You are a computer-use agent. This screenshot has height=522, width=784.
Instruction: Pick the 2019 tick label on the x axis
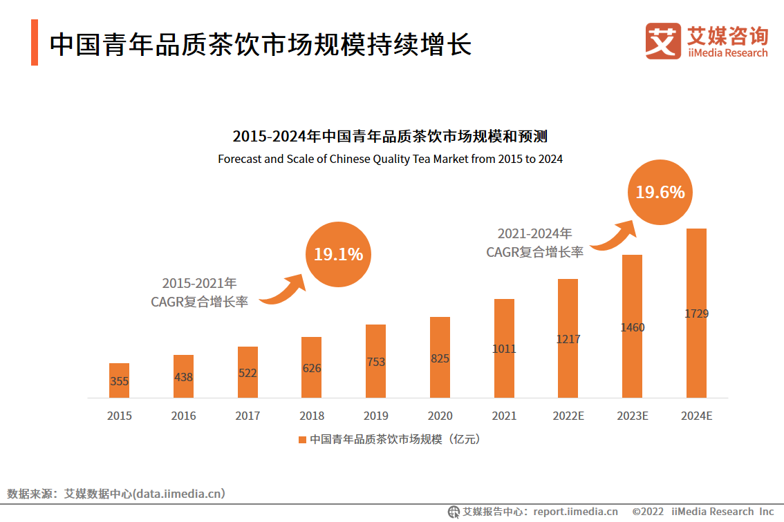coord(376,416)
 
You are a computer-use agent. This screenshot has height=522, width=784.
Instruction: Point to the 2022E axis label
coord(568,416)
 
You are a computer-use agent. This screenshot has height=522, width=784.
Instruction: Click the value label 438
coord(183,378)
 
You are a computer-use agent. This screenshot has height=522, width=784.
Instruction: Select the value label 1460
coord(633,327)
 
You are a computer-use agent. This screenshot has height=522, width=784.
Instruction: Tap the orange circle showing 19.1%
coord(338,254)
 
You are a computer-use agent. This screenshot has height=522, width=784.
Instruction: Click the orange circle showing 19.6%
coord(660,192)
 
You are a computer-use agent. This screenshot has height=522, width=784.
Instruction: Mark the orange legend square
coord(302,439)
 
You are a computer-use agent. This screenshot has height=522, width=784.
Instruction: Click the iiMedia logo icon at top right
coord(662,41)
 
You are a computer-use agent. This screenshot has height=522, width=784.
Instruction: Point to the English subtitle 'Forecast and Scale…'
coord(390,159)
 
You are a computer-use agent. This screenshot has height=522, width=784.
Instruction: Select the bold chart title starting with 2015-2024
coord(390,135)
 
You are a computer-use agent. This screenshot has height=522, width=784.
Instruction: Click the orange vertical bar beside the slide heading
coord(34,43)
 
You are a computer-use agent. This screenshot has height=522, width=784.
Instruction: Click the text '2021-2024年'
coord(534,234)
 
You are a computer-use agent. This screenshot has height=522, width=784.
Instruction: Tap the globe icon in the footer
coord(454,512)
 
